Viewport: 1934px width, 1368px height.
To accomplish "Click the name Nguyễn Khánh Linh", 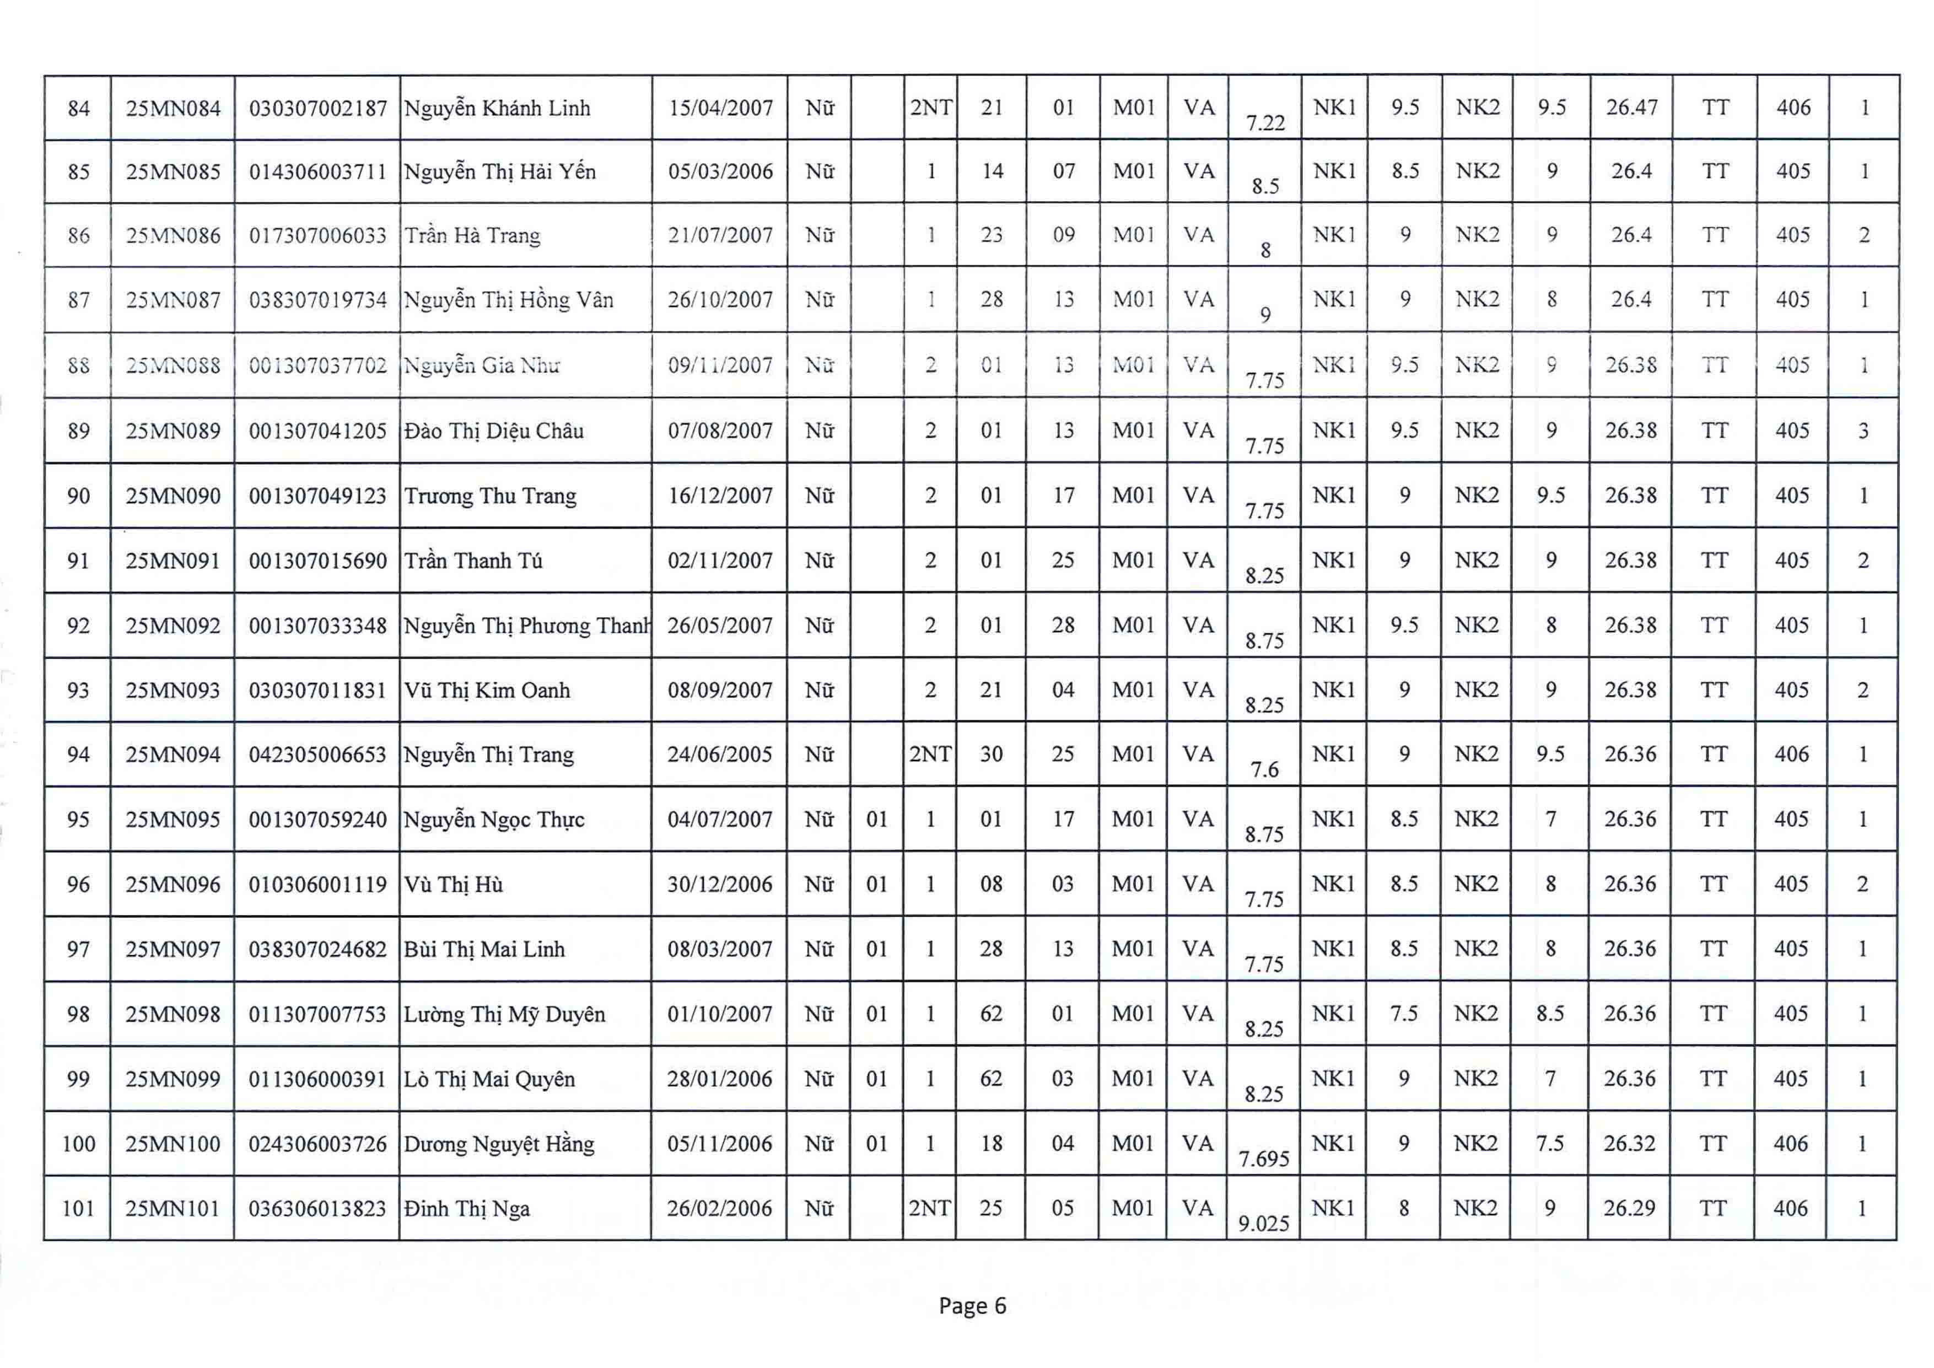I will coord(497,109).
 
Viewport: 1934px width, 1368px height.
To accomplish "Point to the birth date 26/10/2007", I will coord(720,300).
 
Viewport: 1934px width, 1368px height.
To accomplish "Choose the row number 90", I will coord(78,496).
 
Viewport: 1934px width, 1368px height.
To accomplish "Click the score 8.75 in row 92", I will coord(1264,641).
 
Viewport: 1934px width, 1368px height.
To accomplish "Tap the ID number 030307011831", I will coord(317,691).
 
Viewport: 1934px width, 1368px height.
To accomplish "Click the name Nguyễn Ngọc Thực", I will coord(494,820).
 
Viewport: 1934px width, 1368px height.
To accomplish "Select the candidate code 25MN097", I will coord(173,949).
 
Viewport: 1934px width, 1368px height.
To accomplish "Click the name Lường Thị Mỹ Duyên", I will coord(504,1014).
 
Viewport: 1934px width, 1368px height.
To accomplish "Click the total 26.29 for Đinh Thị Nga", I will coord(1629,1208).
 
